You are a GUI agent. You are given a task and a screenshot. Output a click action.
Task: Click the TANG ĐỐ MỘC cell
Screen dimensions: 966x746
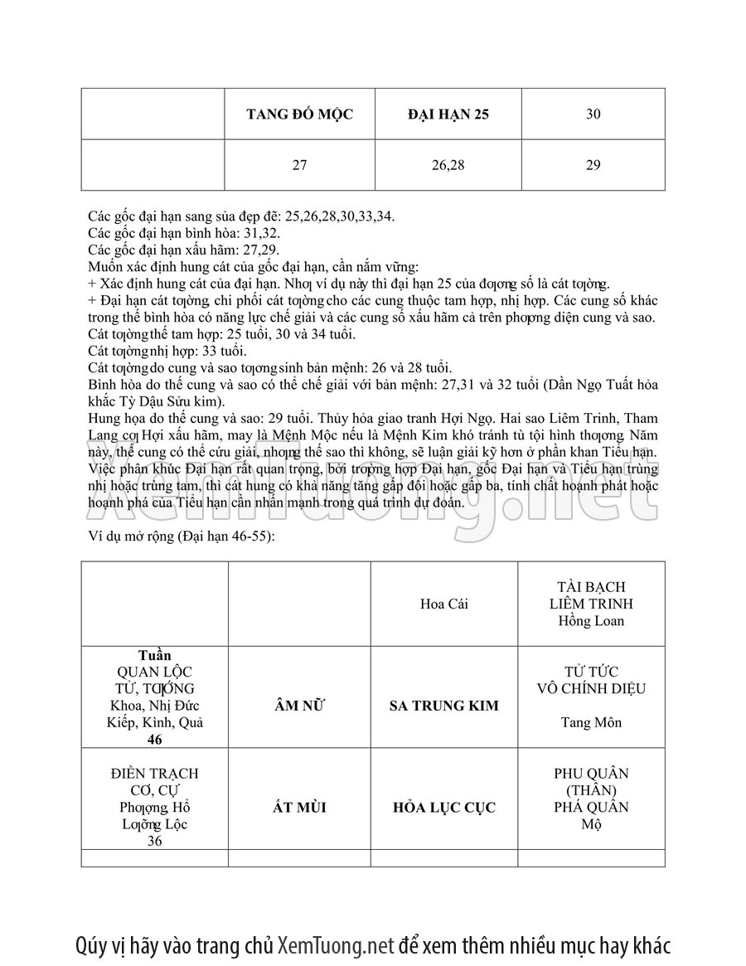tap(299, 114)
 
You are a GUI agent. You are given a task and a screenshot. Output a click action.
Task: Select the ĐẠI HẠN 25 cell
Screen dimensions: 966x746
tap(448, 114)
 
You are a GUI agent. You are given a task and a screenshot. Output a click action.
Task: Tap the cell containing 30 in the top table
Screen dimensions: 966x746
tap(593, 114)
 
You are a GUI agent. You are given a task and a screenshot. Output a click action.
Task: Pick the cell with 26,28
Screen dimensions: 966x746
tap(448, 165)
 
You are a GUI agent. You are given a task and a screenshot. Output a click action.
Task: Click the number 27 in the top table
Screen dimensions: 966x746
tap(299, 165)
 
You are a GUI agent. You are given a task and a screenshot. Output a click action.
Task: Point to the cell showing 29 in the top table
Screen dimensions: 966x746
tap(593, 165)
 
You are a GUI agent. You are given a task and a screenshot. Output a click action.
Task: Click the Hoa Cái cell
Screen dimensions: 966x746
tap(444, 604)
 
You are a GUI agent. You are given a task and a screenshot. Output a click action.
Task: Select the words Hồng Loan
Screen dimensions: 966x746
tap(592, 620)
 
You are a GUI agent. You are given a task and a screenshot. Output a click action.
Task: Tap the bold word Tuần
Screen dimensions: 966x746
tap(155, 655)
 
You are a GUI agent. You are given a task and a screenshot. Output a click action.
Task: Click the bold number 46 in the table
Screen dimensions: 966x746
tap(155, 740)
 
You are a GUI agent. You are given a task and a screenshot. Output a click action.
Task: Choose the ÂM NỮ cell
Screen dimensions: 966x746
tap(299, 706)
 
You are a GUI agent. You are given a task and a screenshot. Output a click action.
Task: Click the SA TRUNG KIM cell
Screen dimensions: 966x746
tap(444, 706)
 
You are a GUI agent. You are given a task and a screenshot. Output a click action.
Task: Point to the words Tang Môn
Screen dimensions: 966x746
tap(592, 722)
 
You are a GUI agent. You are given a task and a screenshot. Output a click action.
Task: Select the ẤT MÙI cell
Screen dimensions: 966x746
tap(299, 808)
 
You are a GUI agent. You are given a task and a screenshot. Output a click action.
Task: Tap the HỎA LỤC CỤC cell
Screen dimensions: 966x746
tap(444, 808)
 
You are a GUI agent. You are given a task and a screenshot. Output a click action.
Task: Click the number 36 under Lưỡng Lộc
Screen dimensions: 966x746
tap(155, 841)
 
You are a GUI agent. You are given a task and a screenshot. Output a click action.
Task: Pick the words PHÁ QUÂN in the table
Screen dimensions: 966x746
tap(592, 808)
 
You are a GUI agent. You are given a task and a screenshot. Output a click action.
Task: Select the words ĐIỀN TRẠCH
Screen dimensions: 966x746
tap(155, 774)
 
